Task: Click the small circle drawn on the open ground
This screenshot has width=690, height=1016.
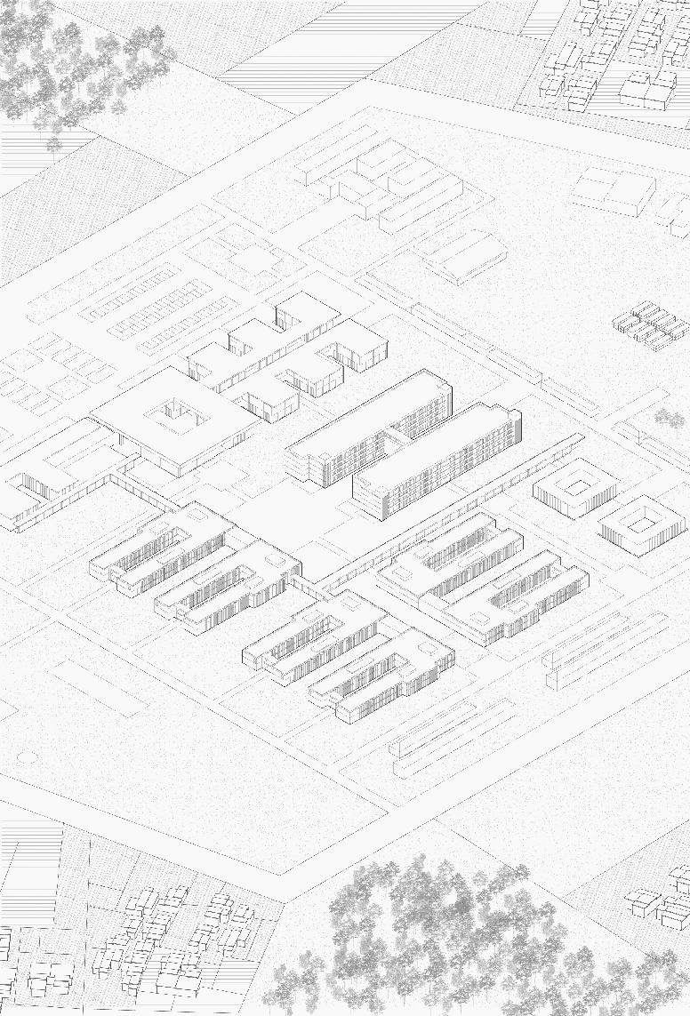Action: click(23, 756)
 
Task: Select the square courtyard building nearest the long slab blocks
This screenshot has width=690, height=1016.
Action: click(576, 488)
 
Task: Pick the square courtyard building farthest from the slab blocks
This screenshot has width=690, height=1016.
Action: click(641, 525)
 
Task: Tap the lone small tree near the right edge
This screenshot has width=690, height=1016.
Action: click(669, 418)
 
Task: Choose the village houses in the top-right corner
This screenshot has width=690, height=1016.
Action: click(614, 53)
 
